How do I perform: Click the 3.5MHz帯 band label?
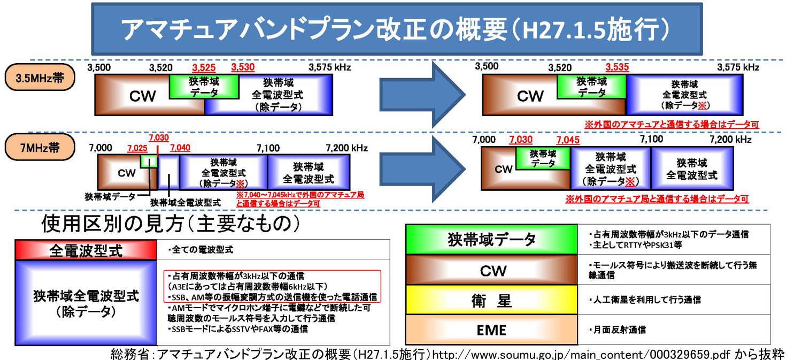[40, 77]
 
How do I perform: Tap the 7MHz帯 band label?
[40, 147]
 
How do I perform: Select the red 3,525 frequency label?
[204, 67]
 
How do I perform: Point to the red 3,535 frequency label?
[617, 67]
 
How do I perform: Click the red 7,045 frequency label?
[568, 140]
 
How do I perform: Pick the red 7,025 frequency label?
[137, 148]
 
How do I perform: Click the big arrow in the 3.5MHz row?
[422, 94]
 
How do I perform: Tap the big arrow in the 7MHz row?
[422, 169]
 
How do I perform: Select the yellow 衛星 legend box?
[492, 300]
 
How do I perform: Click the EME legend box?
[492, 330]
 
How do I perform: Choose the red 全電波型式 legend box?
[86, 250]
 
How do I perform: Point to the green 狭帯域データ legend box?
[492, 240]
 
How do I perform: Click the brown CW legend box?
[492, 270]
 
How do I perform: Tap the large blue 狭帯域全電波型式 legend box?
[86, 303]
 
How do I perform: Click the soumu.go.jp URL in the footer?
[581, 354]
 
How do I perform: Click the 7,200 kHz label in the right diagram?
[730, 140]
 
